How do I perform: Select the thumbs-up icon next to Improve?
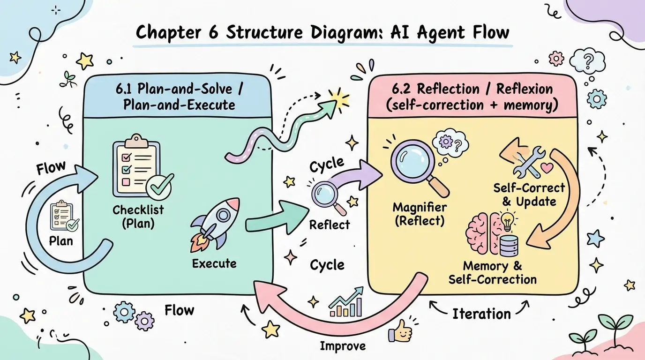[399, 332]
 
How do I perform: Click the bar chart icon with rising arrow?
[346, 305]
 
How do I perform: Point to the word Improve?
[342, 346]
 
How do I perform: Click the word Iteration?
[481, 314]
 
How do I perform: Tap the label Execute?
[214, 263]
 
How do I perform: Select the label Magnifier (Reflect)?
[420, 213]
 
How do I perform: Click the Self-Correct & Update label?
[529, 195]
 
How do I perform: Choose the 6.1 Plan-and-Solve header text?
[179, 96]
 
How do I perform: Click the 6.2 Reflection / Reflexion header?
[472, 97]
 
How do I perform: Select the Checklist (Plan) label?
[138, 216]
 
